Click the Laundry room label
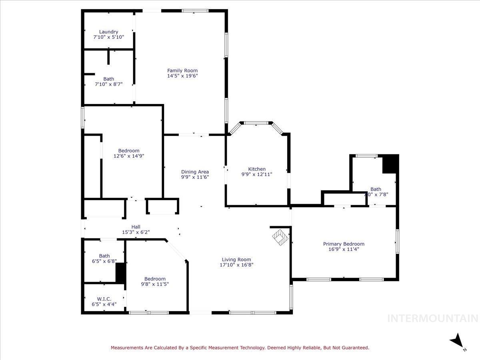click(108, 32)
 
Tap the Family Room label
click(182, 71)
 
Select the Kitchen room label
click(256, 169)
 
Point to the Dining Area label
click(195, 172)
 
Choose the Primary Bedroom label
click(344, 244)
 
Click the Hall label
click(136, 227)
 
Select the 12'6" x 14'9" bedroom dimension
click(128, 156)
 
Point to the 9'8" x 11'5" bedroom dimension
click(155, 284)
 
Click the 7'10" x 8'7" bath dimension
click(108, 84)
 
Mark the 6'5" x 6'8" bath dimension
click(104, 261)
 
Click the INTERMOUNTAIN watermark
click(433, 318)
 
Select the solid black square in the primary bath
click(390, 164)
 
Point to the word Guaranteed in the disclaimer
click(354, 348)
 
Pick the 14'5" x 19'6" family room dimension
click(182, 76)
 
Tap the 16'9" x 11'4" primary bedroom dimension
click(344, 249)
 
